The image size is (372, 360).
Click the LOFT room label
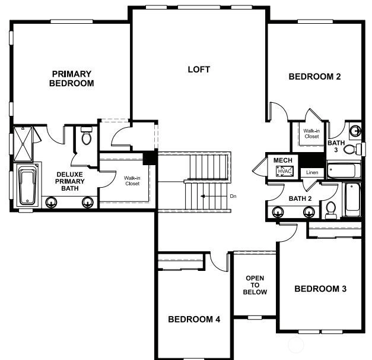pyautogui.click(x=199, y=70)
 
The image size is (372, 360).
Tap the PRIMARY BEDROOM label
pyautogui.click(x=72, y=78)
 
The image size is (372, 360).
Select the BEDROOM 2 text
pyautogui.click(x=314, y=77)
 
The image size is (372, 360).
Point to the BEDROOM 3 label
pyautogui.click(x=320, y=289)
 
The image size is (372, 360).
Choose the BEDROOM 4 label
pyautogui.click(x=194, y=319)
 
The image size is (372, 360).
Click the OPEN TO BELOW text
pyautogui.click(x=255, y=285)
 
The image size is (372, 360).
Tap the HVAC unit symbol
pyautogui.click(x=285, y=171)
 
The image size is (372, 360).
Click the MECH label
pyautogui.click(x=283, y=160)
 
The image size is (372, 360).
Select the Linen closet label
pyautogui.click(x=312, y=172)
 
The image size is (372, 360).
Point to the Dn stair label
pyautogui.click(x=233, y=196)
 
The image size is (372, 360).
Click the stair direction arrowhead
pyautogui.click(x=202, y=196)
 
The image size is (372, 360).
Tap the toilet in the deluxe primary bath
pyautogui.click(x=87, y=135)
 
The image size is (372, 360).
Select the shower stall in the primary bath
pyautogui.click(x=23, y=144)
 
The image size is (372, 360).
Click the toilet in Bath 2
pyautogui.click(x=330, y=210)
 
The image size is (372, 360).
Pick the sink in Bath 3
pyautogui.click(x=355, y=131)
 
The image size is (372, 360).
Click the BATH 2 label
pyautogui.click(x=300, y=198)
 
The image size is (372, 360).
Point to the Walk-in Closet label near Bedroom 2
pyautogui.click(x=311, y=134)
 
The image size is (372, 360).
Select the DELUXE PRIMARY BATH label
pyautogui.click(x=70, y=181)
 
